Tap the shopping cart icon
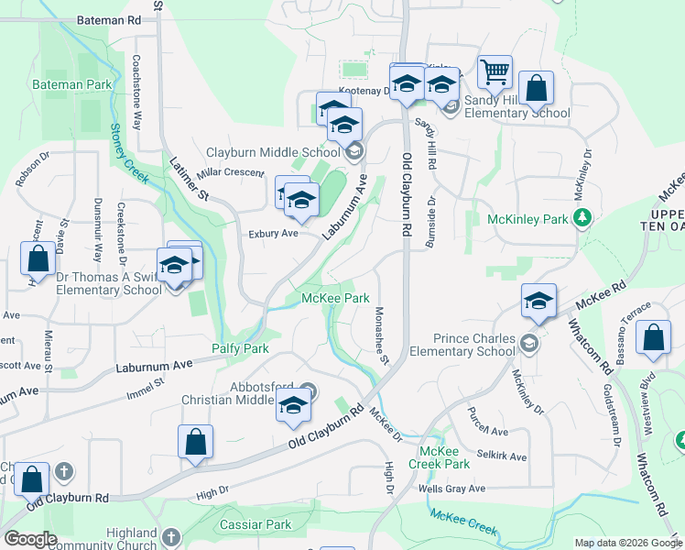495,71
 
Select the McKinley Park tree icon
580,217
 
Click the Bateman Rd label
109,18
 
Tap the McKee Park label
336,298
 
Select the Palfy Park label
240,348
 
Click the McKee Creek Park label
444,457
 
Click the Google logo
30,539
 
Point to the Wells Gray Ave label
451,489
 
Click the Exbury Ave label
274,234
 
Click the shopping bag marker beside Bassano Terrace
656,338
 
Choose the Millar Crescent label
231,171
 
